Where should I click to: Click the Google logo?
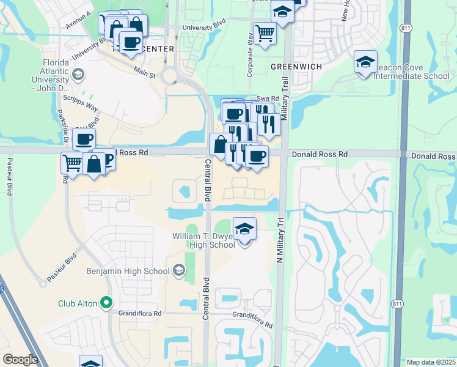tap(20, 360)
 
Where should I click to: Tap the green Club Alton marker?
tap(106, 302)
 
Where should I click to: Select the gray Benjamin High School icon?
tap(179, 270)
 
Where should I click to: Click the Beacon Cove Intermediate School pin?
tap(365, 63)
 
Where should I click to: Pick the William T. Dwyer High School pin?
tap(244, 231)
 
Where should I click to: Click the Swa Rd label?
tap(268, 98)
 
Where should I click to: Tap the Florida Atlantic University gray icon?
tap(78, 75)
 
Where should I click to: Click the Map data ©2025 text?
tap(431, 362)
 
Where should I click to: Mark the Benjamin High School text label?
tap(128, 270)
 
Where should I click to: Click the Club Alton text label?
tap(78, 303)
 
